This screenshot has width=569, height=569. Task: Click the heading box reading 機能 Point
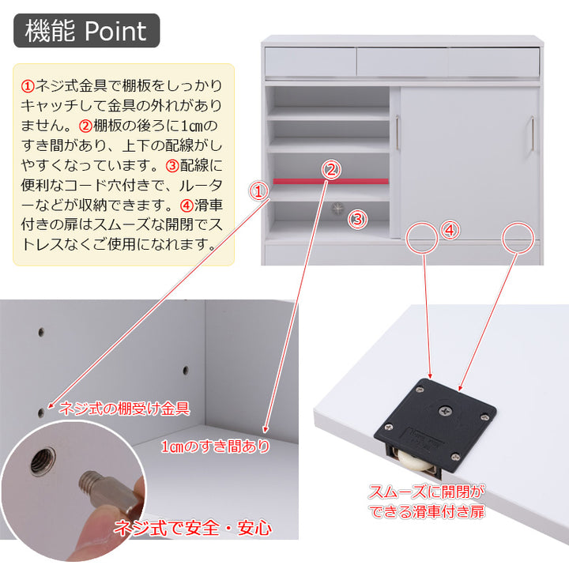pos(86,31)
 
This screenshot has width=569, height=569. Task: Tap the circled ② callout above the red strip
pos(332,169)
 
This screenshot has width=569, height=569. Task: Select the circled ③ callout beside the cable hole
pos(358,220)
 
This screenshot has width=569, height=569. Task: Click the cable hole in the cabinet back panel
pos(339,209)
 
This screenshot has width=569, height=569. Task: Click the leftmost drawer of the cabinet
pos(310,61)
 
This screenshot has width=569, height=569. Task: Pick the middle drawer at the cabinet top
pos(401,61)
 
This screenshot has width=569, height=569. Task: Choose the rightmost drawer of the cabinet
pos(494,61)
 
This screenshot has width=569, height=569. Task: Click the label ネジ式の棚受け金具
pos(125,409)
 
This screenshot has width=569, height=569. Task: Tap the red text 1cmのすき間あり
pos(215,447)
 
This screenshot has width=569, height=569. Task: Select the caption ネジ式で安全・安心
pos(194,527)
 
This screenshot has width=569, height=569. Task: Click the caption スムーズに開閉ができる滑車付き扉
pos(428,501)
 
